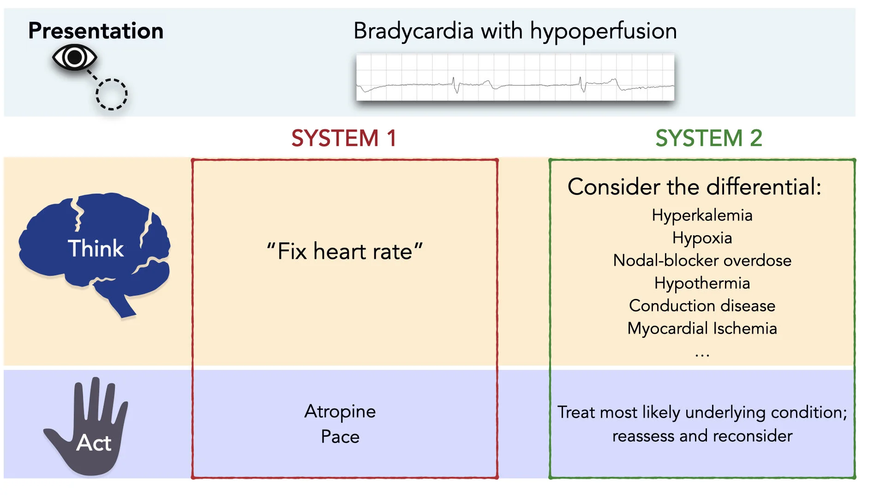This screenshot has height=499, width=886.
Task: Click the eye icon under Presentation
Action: coord(74,57)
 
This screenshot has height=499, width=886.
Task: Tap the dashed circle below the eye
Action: coord(111,94)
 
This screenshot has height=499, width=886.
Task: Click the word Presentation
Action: coord(96,31)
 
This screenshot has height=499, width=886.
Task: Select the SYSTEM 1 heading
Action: coord(344,138)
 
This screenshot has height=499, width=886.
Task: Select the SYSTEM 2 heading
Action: coord(708,138)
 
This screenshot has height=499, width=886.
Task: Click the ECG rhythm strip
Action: coord(515,77)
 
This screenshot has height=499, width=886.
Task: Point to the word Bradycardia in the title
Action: coord(413,31)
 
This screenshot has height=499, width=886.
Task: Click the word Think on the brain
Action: coord(96,249)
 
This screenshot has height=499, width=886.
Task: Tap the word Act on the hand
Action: coord(94,443)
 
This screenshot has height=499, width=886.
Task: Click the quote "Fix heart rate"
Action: coord(344,252)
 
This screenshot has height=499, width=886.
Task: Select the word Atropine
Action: coord(340,411)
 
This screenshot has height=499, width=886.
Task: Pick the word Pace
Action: coord(340,437)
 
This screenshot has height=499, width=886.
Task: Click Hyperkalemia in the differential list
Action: coord(702,215)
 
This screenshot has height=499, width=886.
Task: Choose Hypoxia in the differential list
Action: coord(702,238)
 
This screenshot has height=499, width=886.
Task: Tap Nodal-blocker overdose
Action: coord(702,261)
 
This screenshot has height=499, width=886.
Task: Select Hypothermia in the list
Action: coord(702,283)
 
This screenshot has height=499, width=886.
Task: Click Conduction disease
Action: coord(702,306)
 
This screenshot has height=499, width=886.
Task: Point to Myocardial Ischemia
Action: coord(702,329)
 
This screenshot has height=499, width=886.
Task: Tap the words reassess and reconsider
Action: coord(702,436)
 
